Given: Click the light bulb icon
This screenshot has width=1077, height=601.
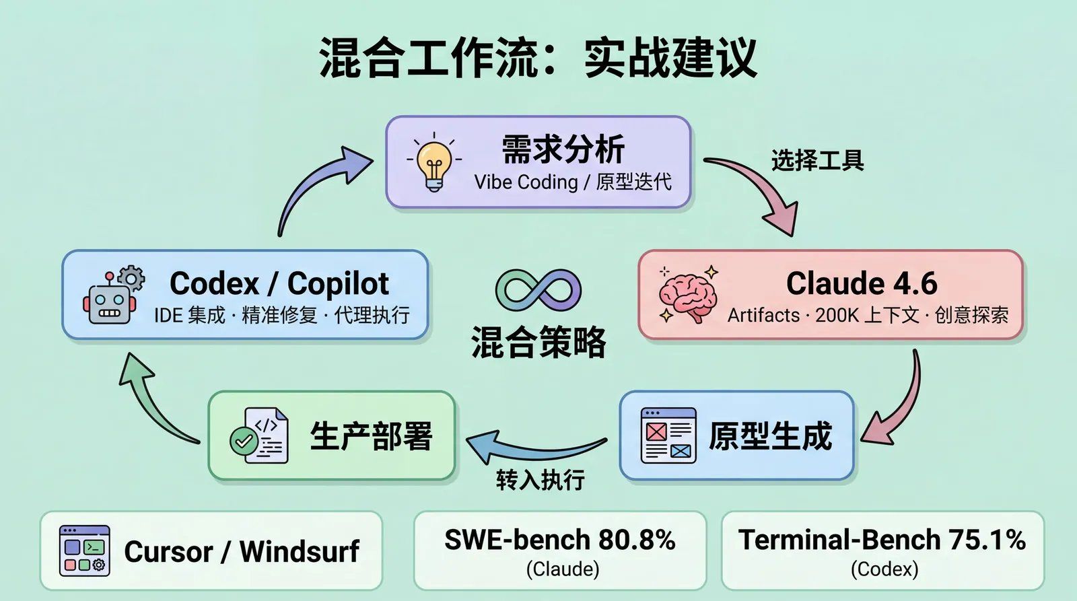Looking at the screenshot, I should tap(434, 164).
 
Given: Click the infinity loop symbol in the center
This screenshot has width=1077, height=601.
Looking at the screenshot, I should tap(538, 290).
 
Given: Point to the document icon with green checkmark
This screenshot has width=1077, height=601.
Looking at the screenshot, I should tap(260, 435).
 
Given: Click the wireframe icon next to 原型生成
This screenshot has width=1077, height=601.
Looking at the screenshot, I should tap(668, 435).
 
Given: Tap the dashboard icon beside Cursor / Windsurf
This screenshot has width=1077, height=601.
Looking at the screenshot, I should tap(84, 551).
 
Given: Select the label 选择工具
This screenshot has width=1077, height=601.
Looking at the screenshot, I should tap(817, 161).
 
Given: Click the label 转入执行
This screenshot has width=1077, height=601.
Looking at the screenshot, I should tap(540, 480).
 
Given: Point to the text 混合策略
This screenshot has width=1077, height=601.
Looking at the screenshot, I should tap(538, 342).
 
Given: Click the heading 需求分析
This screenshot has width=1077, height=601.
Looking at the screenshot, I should tap(563, 149).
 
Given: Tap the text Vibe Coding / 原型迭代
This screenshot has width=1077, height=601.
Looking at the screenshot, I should tap(573, 182).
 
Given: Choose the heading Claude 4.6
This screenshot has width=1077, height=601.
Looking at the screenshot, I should tap(862, 283).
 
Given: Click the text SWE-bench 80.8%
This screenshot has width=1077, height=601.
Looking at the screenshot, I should tap(560, 540).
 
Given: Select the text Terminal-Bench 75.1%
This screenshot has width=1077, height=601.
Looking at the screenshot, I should tap(882, 540).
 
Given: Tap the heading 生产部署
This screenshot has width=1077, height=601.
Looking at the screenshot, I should tap(371, 435).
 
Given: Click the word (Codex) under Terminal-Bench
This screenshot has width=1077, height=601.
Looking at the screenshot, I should tap(884, 569).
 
